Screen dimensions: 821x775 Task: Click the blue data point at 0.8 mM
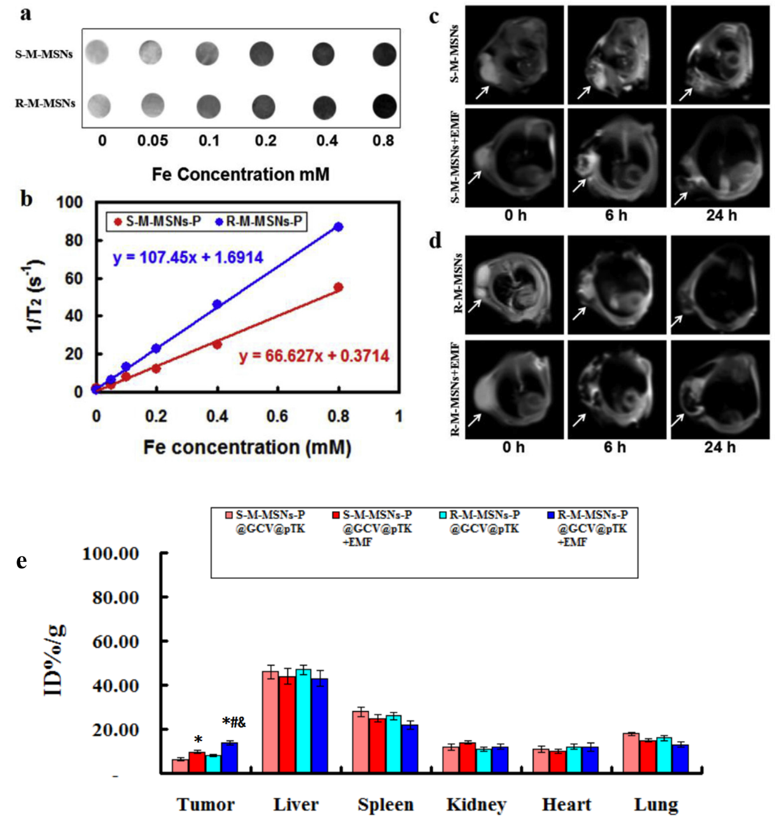coord(338,227)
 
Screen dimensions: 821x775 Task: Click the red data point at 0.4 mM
coord(217,345)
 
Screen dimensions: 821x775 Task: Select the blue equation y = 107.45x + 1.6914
coord(188,257)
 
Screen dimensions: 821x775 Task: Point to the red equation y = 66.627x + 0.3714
coord(314,356)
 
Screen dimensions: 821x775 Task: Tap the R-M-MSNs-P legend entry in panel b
coord(259,221)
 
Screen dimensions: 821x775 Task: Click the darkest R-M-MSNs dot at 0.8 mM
coord(384,106)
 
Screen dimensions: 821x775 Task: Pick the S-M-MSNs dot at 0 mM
coord(97,52)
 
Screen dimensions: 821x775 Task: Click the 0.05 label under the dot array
coord(153,141)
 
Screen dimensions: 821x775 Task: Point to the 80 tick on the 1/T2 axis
coord(73,240)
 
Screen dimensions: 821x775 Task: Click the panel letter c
coord(434,16)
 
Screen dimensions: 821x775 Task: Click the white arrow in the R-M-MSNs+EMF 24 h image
coord(678,420)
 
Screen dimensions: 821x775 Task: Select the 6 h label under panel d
coord(615,448)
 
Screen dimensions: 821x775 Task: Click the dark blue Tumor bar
coord(229,758)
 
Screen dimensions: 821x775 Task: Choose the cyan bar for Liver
coord(303,721)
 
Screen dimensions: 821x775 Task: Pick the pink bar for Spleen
coord(361,742)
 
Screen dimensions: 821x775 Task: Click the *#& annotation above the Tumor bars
coord(234,723)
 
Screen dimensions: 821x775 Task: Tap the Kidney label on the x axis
coord(476,805)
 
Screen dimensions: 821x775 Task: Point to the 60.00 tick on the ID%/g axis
coord(115,642)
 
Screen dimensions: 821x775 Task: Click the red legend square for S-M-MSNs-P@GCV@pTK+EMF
coord(336,515)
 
